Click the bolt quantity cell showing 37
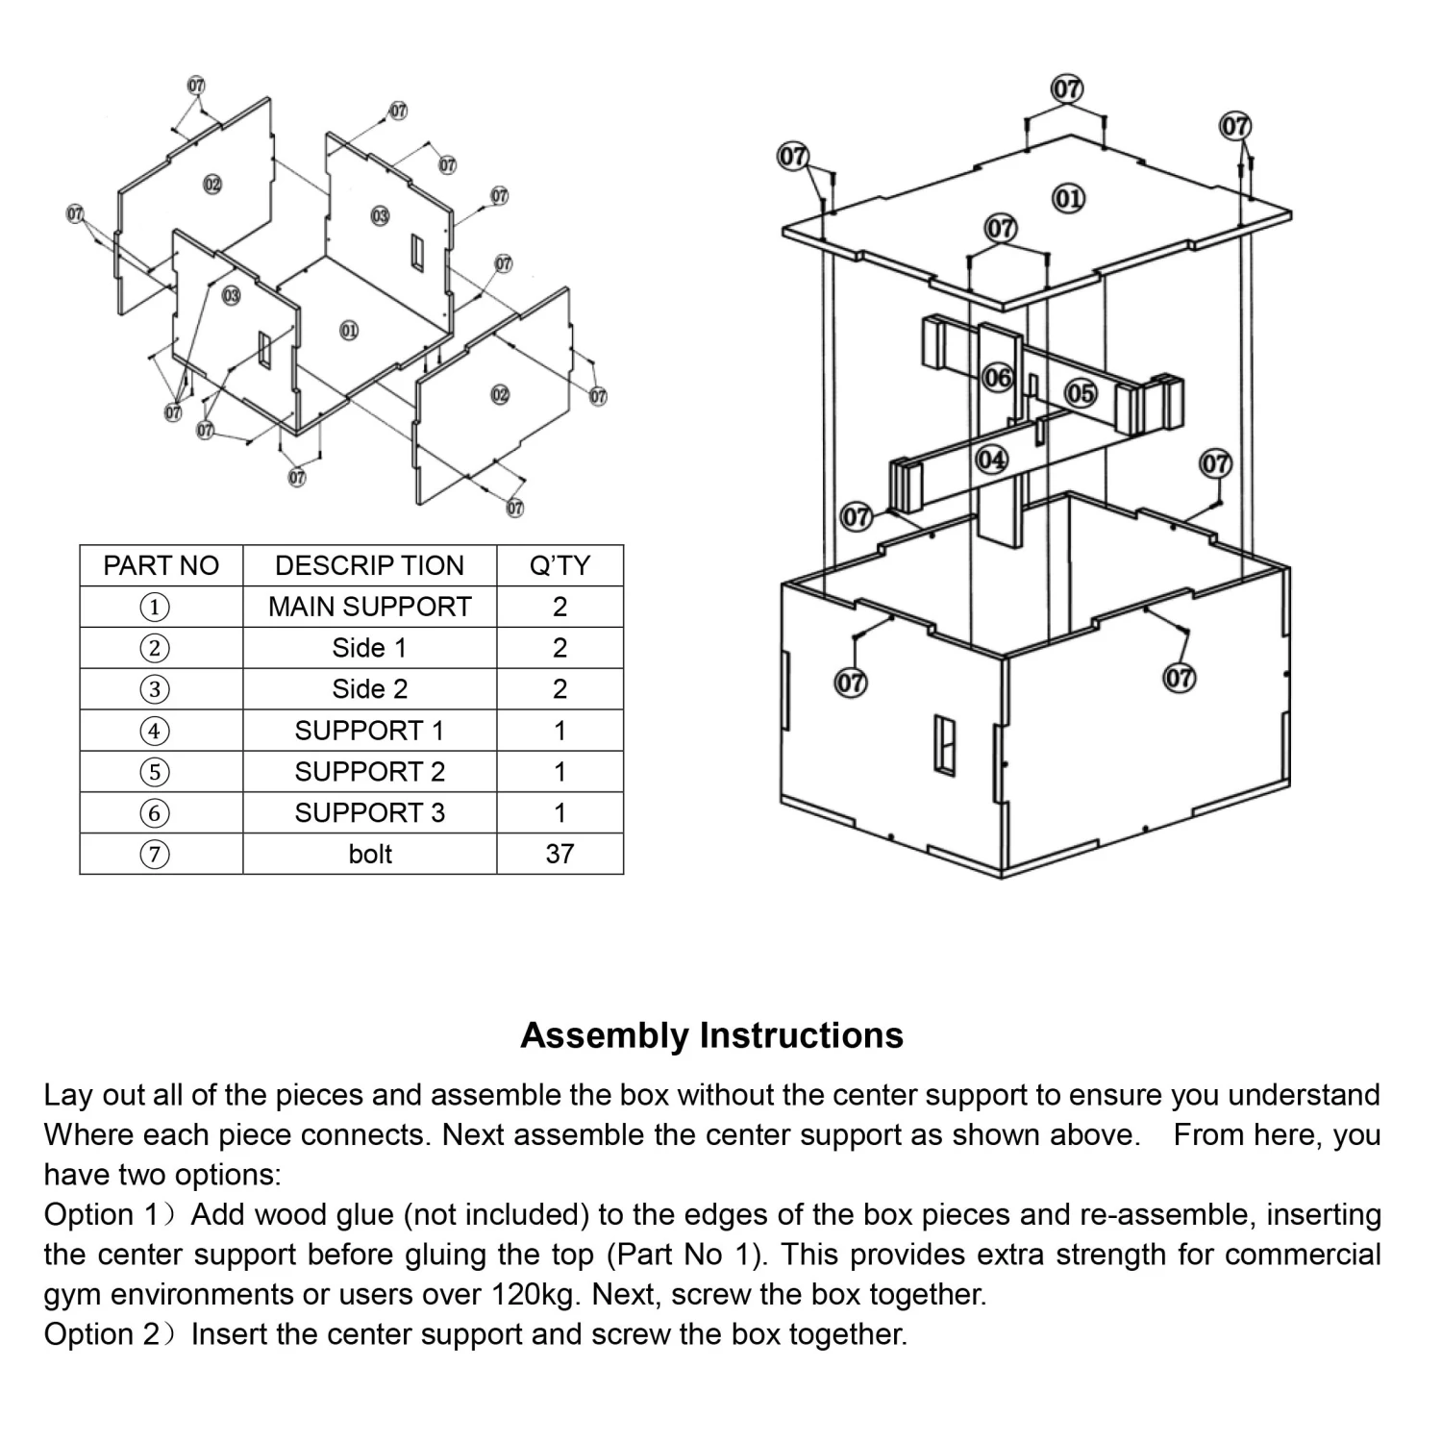point(559,854)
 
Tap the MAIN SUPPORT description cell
point(369,607)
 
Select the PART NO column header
point(161,565)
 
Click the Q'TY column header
point(559,565)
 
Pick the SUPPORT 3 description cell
point(369,812)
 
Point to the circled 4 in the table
point(154,731)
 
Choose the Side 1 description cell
point(369,648)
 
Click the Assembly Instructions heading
point(711,1035)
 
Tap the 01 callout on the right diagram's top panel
point(1068,199)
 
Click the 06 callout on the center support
point(998,378)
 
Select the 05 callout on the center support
point(1080,393)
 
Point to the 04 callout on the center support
point(991,460)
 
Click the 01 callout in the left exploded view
point(349,331)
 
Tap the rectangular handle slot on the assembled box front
point(945,745)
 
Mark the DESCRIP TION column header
point(369,565)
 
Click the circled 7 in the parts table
point(154,854)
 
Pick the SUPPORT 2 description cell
point(369,771)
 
